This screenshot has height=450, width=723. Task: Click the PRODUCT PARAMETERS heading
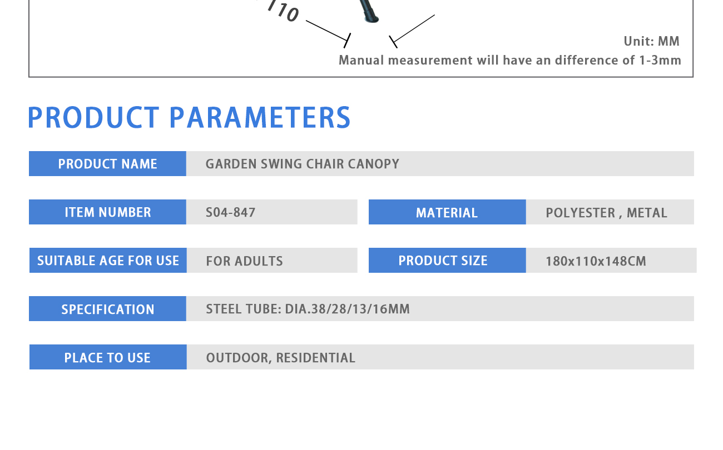[189, 117]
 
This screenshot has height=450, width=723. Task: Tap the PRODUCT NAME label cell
[107, 163]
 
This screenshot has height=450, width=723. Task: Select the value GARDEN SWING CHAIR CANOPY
[303, 164]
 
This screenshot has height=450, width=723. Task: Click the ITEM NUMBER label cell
[107, 212]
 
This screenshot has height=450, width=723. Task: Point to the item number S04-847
[230, 212]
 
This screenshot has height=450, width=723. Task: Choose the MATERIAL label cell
[447, 212]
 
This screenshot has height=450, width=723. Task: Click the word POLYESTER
[580, 213]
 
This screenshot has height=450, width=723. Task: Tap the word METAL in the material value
[647, 213]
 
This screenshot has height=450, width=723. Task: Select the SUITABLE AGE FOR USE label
[108, 261]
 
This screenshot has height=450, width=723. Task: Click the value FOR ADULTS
[244, 261]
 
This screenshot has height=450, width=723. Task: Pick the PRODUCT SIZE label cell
[447, 260]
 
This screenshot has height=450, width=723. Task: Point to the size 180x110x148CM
[596, 261]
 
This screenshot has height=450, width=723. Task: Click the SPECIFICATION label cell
[107, 308]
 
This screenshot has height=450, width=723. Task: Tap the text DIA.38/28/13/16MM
[347, 309]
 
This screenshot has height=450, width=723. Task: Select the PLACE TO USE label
[107, 357]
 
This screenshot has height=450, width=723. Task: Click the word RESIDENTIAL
[316, 358]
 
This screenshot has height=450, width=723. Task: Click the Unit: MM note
[651, 41]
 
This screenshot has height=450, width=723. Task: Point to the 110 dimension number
[284, 11]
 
